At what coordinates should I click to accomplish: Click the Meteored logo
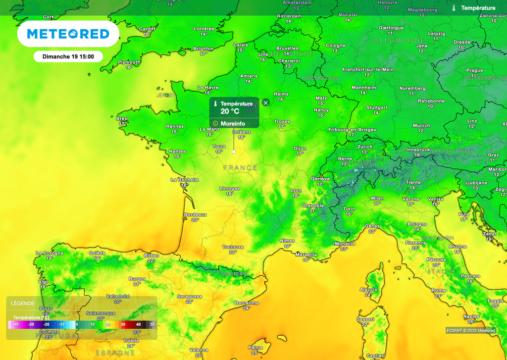coord(68,34)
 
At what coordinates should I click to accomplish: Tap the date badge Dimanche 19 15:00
coord(68,56)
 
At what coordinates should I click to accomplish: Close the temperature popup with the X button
coord(266,103)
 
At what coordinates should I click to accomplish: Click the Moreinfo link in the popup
coord(233,123)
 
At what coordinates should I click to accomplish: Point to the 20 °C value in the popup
coord(230,111)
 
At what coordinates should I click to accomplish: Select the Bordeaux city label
coord(195,214)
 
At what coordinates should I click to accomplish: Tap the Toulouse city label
coord(233,247)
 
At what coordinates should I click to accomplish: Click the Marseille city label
coord(306,255)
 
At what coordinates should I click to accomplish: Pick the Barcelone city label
coord(247,303)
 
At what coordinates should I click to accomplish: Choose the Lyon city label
coord(296,190)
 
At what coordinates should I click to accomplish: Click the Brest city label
coord(122,119)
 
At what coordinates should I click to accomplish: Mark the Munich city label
coord(421,125)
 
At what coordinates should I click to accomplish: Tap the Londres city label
coord(204,29)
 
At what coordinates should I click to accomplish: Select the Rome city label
coord(439,291)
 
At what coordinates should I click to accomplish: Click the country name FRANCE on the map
coord(240,168)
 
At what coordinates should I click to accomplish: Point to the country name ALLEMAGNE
coord(400,40)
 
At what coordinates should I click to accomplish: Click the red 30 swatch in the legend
coord(123,324)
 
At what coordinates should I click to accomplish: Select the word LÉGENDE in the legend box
coord(23,303)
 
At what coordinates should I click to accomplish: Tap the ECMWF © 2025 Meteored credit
coord(470,330)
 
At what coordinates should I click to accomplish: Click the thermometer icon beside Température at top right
coord(454,8)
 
